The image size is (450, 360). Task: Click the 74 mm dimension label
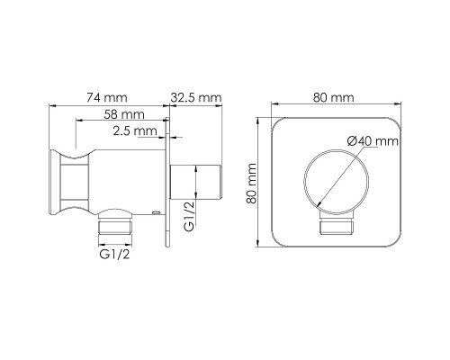click(107, 97)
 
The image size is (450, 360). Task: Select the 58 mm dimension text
click(124, 114)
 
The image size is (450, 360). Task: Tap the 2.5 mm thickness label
click(135, 130)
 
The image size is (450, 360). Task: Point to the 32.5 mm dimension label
click(196, 97)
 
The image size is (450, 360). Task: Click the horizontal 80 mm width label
click(334, 97)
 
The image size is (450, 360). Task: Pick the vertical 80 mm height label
click(251, 184)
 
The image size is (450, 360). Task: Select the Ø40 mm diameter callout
click(373, 140)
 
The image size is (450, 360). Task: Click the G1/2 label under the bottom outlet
click(115, 255)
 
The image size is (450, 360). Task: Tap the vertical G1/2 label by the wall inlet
click(190, 216)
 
